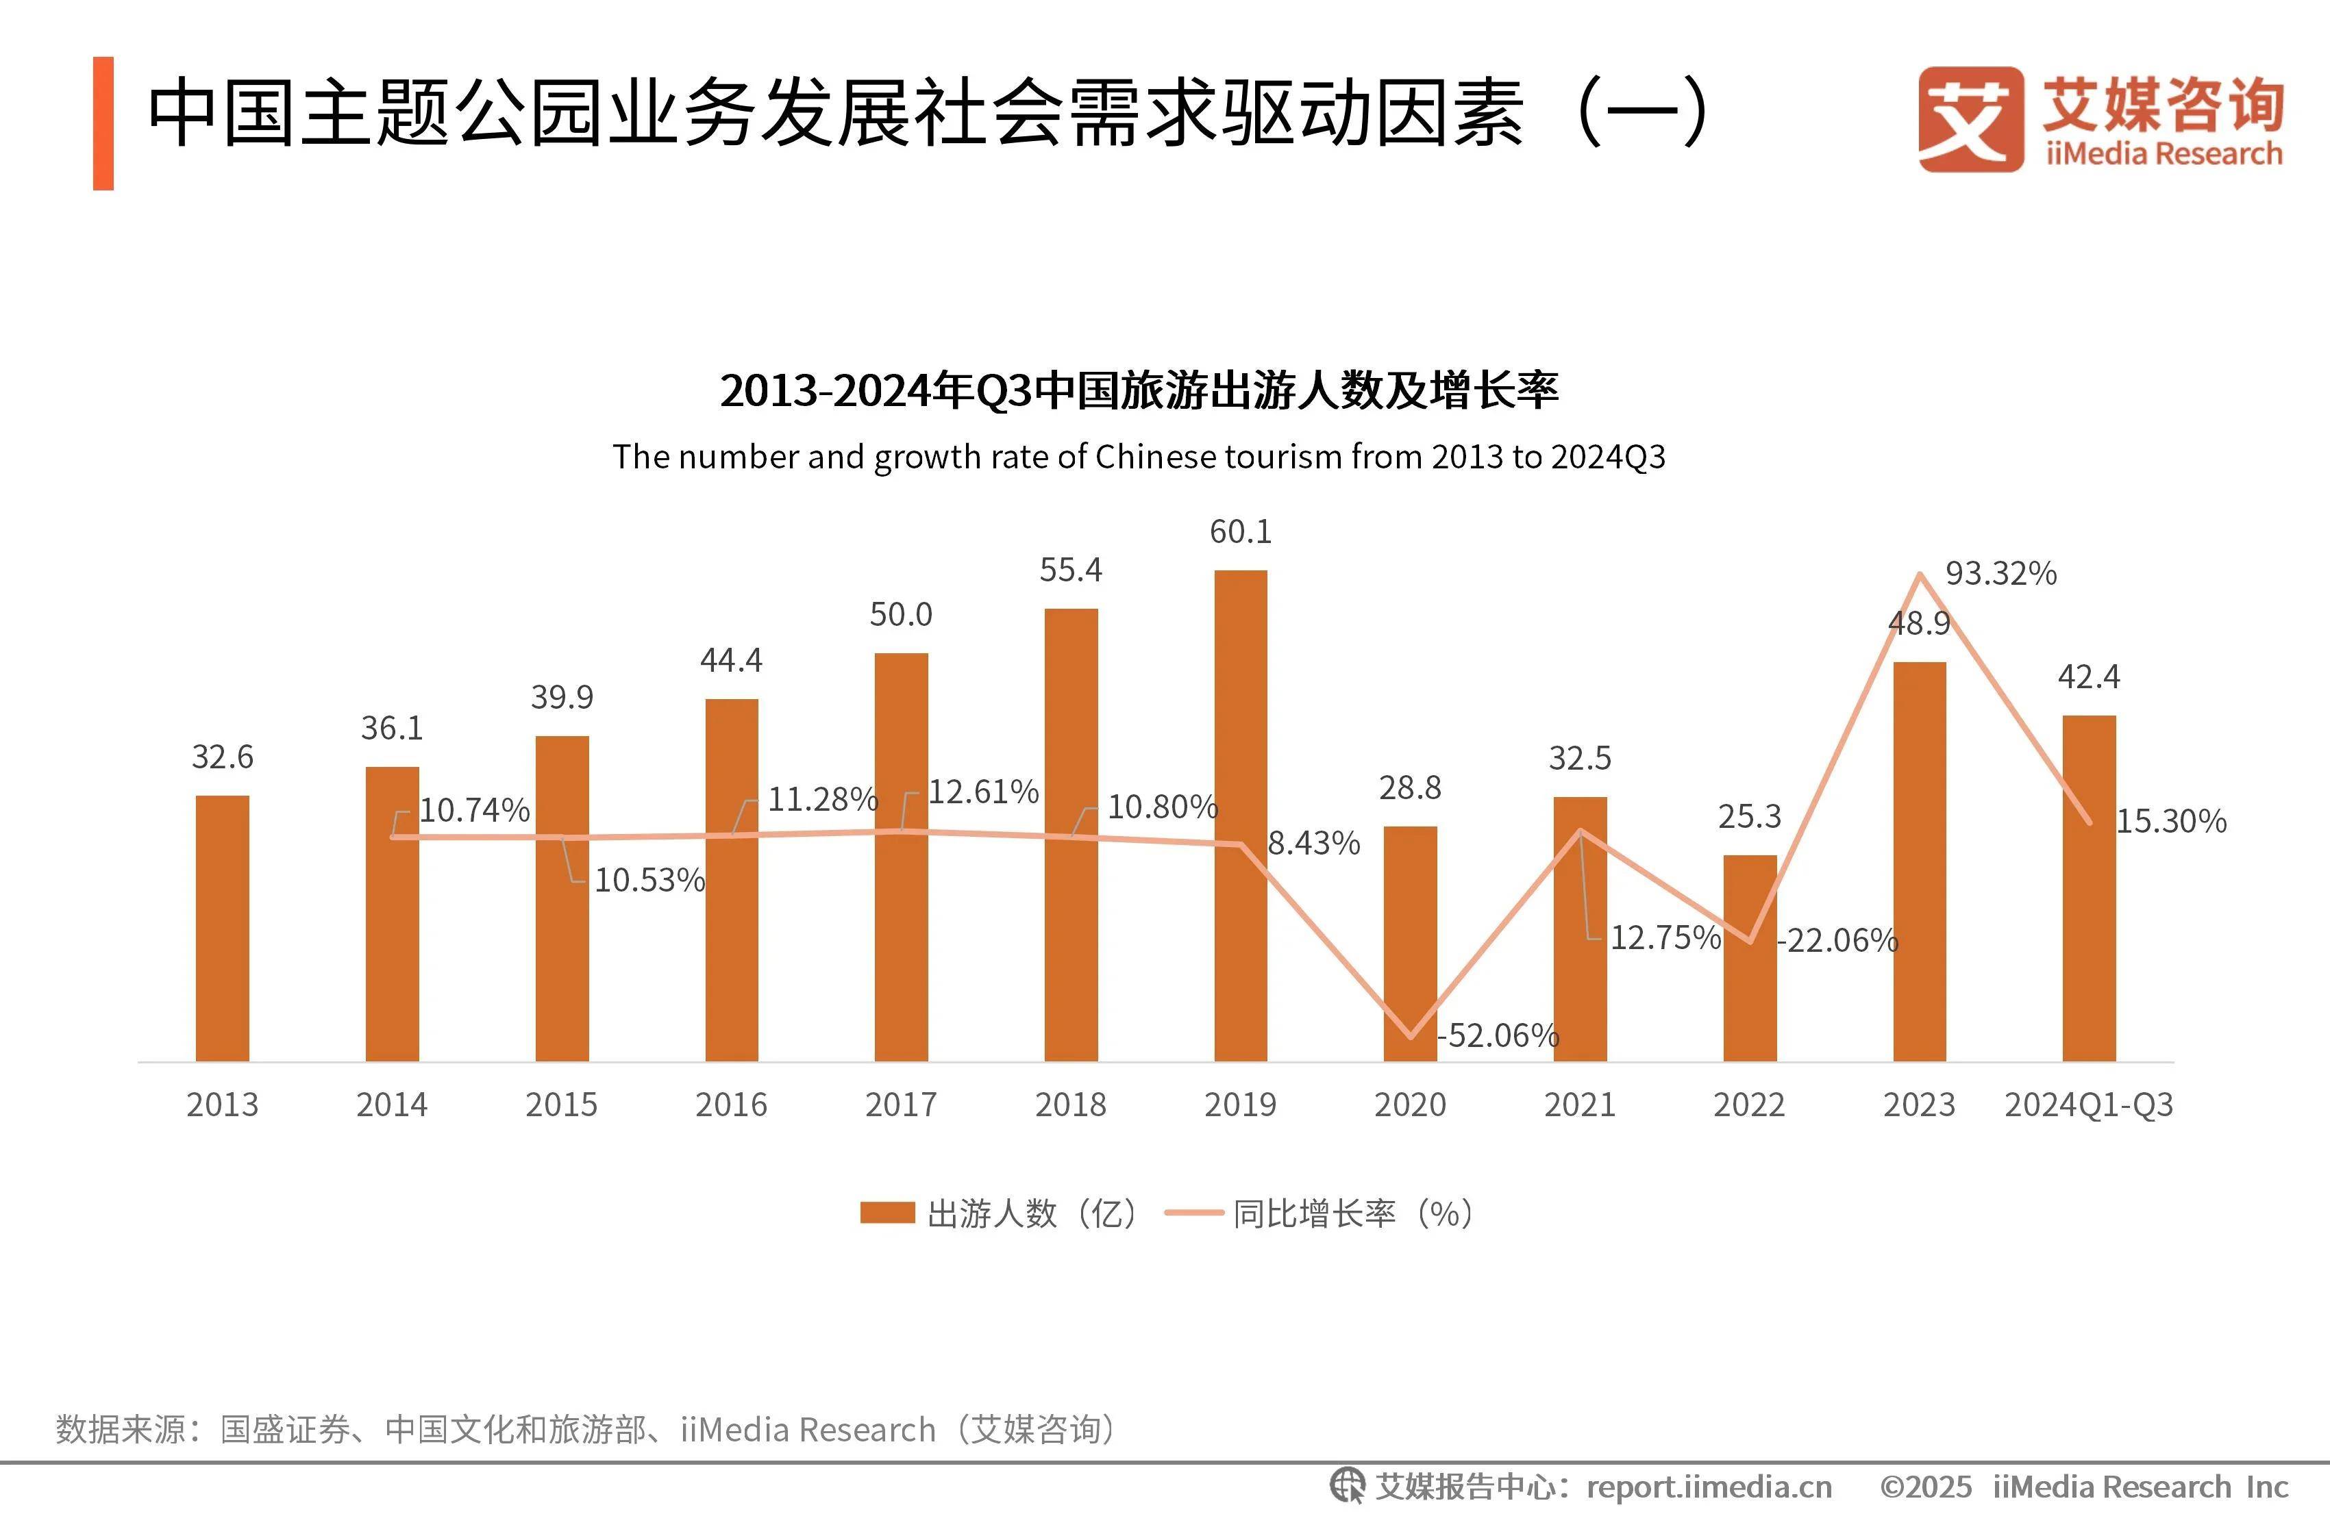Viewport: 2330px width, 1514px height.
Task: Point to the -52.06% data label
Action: tap(1498, 1035)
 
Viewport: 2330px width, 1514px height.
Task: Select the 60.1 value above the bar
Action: tap(1241, 532)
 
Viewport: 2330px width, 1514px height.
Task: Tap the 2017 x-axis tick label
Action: tap(901, 1105)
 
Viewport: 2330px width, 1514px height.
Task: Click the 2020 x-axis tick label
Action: tap(1410, 1105)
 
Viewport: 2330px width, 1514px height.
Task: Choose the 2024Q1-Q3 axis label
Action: tap(2088, 1105)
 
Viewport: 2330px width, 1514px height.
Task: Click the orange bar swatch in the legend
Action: tap(887, 1213)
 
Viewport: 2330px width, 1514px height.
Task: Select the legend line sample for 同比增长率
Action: tap(1193, 1213)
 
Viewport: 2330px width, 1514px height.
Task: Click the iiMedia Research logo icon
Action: tap(1970, 119)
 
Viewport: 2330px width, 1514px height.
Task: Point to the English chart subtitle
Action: tap(1139, 457)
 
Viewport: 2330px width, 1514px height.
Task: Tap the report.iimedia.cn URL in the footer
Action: tap(1709, 1487)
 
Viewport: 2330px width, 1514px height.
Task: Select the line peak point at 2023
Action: tap(1920, 575)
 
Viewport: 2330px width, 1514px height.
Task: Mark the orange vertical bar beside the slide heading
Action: tap(103, 123)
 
